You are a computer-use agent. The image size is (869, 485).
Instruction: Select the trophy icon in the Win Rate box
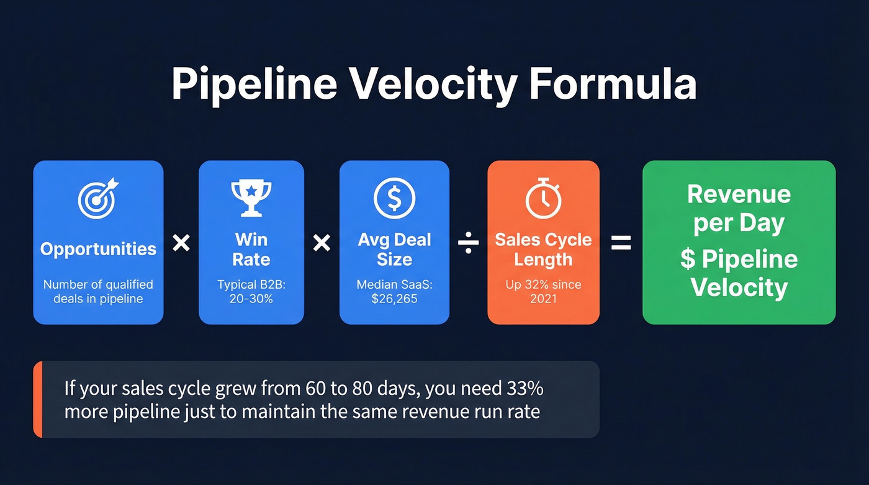(x=251, y=198)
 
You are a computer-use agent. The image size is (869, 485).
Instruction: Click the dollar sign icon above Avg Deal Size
(x=394, y=197)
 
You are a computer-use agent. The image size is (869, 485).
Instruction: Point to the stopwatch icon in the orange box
(x=543, y=198)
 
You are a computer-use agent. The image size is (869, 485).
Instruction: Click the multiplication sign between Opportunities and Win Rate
(x=181, y=243)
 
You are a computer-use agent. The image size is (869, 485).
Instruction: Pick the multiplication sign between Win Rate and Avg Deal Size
(x=322, y=243)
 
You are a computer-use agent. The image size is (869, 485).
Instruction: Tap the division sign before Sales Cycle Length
(x=468, y=243)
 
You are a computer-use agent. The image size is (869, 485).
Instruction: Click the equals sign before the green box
(x=621, y=243)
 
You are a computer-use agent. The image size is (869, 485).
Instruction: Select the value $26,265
(x=394, y=299)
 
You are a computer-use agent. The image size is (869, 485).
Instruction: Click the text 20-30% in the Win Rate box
(x=251, y=299)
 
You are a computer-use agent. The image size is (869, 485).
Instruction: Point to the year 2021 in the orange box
(x=543, y=299)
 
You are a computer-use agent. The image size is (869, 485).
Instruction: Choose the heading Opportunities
(x=98, y=249)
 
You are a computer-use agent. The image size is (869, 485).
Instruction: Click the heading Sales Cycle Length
(x=543, y=249)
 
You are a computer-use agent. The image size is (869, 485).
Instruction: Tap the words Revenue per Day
(x=739, y=209)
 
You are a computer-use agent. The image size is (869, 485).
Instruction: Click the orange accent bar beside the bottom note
(x=37, y=399)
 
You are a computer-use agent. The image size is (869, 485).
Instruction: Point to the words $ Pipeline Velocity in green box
(x=739, y=273)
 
